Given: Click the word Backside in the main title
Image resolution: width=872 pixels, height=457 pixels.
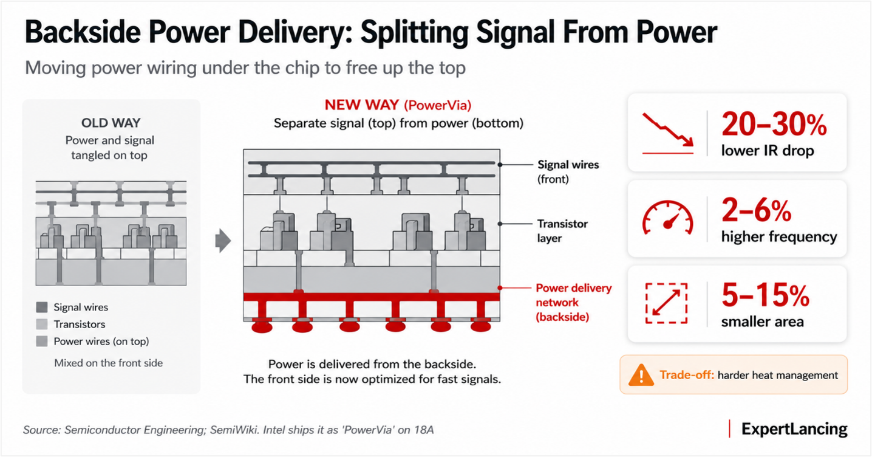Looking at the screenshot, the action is pos(83,32).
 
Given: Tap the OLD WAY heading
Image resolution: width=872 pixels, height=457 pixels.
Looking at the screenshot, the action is pos(111,123).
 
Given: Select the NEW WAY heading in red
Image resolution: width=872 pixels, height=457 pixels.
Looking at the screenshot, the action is pos(362,105).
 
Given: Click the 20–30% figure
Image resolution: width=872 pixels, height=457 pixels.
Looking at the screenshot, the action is pos(774,125).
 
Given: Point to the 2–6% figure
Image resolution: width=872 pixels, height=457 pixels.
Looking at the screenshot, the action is pos(757,210).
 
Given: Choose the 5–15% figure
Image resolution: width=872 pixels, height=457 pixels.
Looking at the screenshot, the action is pos(765,295).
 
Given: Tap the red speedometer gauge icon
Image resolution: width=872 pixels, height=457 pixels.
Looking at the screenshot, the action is pos(667,218).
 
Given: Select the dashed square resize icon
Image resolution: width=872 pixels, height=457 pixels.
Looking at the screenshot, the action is pos(667,303).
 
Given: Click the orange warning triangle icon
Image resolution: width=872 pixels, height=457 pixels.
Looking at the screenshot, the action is pos(641,375).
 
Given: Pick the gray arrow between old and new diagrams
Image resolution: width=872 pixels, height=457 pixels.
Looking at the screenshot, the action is pos(223,241).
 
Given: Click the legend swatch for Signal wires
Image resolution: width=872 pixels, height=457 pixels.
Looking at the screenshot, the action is pos(42,308).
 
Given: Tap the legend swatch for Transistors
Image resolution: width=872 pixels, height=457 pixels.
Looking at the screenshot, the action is pos(42,324).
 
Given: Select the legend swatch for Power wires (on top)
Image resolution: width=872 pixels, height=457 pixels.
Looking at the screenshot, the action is pos(42,342).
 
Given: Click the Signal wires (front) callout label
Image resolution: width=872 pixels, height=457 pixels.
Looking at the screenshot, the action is pos(568,172).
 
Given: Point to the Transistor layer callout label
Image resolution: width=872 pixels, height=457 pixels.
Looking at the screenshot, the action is pos(562,231).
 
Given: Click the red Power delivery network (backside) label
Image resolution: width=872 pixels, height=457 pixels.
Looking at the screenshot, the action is pos(574,302).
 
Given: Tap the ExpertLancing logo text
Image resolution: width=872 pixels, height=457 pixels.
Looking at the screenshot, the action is pos(794,429).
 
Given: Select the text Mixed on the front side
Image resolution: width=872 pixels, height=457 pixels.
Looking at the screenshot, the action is pos(108,363).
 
